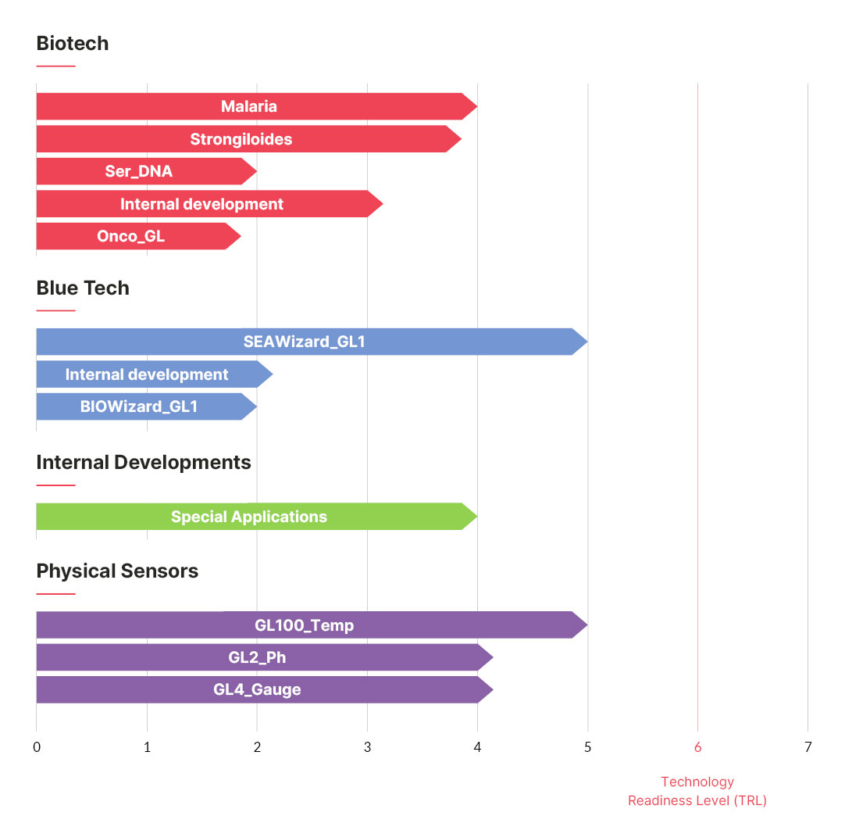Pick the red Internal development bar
click(209, 203)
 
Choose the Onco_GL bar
click(138, 236)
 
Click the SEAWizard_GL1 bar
click(312, 342)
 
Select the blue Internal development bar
click(155, 374)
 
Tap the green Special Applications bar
click(256, 516)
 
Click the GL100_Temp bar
click(312, 625)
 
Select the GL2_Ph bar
click(265, 657)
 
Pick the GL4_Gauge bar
click(265, 689)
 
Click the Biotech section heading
click(72, 43)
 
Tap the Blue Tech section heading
click(83, 288)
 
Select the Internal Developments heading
click(144, 462)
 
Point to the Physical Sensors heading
click(117, 571)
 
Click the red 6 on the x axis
click(698, 747)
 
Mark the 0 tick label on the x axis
click(37, 747)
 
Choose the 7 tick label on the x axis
click(808, 747)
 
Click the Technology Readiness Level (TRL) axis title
click(697, 791)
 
